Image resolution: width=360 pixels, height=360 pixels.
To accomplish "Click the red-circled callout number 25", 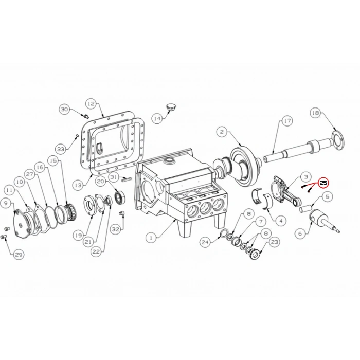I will (324, 183).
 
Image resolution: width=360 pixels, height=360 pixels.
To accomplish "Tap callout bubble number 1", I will (150, 238).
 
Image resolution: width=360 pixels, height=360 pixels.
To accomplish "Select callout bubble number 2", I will (221, 132).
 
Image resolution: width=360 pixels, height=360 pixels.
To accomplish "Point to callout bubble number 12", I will (91, 103).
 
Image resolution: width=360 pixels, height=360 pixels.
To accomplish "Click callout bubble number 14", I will (157, 118).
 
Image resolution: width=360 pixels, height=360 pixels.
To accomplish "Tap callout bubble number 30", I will (64, 109).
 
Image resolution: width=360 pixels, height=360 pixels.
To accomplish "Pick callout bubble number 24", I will (205, 242).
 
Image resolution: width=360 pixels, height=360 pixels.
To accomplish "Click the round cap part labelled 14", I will (171, 106).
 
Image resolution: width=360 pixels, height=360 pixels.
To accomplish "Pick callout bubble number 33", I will (61, 149).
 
